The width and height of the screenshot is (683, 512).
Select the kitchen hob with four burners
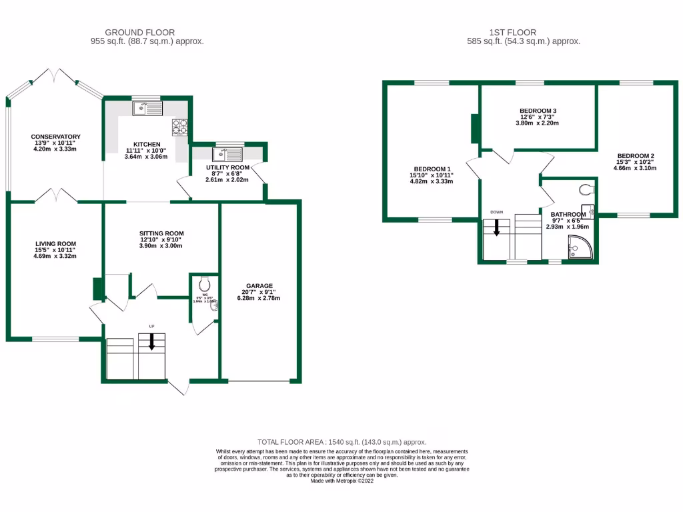tap(180, 127)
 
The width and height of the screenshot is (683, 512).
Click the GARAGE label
tap(258, 286)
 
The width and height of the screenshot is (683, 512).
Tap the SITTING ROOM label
tap(161, 233)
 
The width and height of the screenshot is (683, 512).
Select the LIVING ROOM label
tap(55, 244)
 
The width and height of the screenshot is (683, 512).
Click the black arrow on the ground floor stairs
tap(151, 341)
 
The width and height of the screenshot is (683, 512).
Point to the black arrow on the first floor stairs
tap(496, 228)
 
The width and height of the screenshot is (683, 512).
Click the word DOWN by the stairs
tap(496, 213)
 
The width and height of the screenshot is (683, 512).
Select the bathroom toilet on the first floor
tap(586, 189)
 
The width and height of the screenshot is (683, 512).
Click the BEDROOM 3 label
tap(538, 111)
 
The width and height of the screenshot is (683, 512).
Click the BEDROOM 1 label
tap(433, 169)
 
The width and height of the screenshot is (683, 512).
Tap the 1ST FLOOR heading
tap(512, 32)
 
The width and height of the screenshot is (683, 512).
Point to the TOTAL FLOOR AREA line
tap(341, 442)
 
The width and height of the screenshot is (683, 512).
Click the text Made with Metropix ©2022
tap(341, 481)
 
